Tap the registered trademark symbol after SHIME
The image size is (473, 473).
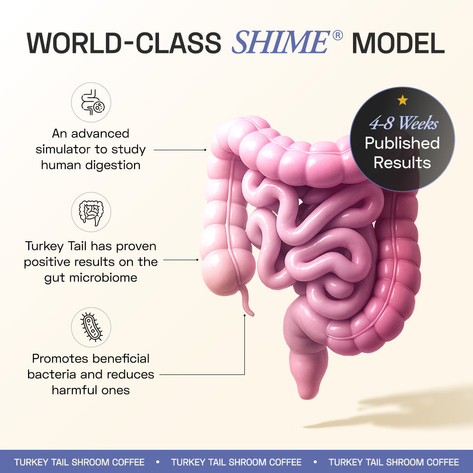tap(337, 36)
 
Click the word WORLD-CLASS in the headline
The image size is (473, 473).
tap(124, 43)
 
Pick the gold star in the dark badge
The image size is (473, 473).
tap(402, 100)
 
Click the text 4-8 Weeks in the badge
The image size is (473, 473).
tap(403, 124)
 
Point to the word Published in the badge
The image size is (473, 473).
tap(402, 143)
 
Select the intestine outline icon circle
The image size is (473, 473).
tap(91, 212)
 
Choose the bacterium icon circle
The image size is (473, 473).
tap(91, 327)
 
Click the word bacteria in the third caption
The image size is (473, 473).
tap(48, 374)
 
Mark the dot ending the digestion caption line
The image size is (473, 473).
tap(205, 149)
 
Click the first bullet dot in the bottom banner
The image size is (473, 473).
tap(158, 462)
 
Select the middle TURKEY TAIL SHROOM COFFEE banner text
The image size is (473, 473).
tap(236, 462)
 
